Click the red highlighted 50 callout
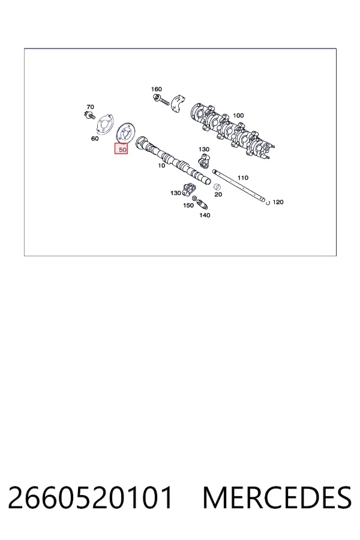[121, 149]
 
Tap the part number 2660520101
[90, 497]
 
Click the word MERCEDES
[277, 497]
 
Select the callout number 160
[157, 89]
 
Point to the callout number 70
[90, 107]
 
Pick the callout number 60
[95, 139]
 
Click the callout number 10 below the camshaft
[161, 166]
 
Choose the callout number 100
[238, 115]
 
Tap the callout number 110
[243, 178]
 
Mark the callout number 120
[278, 202]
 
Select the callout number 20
[218, 194]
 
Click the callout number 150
[188, 206]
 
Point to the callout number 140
[205, 215]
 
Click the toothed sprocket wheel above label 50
[126, 133]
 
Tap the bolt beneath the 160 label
[161, 100]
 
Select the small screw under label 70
[90, 115]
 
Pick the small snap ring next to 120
[268, 203]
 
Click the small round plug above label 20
[217, 187]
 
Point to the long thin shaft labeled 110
[239, 185]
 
